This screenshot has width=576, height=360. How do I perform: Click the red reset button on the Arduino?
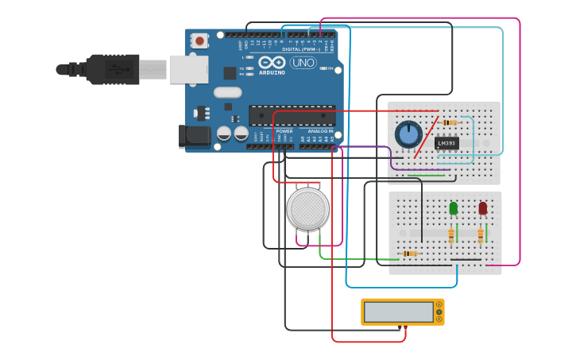click(x=199, y=40)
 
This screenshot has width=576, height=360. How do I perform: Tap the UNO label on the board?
click(x=303, y=63)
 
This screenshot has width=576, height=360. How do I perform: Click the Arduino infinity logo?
click(x=271, y=63)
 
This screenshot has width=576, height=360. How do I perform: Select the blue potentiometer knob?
click(x=408, y=134)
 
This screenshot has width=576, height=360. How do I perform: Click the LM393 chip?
click(x=446, y=143)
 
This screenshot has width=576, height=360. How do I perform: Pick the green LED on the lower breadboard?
click(x=454, y=208)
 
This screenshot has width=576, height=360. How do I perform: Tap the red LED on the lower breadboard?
click(x=482, y=208)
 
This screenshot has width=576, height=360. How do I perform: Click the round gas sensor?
click(x=307, y=208)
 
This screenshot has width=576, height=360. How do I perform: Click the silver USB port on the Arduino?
click(x=188, y=69)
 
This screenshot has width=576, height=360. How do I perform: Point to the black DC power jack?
click(x=194, y=136)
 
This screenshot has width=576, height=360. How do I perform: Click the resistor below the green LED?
click(x=451, y=235)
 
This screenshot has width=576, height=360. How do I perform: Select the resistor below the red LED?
click(x=480, y=235)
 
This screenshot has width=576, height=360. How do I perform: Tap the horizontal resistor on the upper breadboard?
click(x=450, y=122)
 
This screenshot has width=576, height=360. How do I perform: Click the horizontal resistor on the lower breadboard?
click(x=409, y=254)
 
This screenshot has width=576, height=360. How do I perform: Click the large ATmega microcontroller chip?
click(x=292, y=115)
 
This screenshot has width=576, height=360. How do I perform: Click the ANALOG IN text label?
click(x=320, y=131)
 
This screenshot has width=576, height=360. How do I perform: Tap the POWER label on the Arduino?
click(x=284, y=131)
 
